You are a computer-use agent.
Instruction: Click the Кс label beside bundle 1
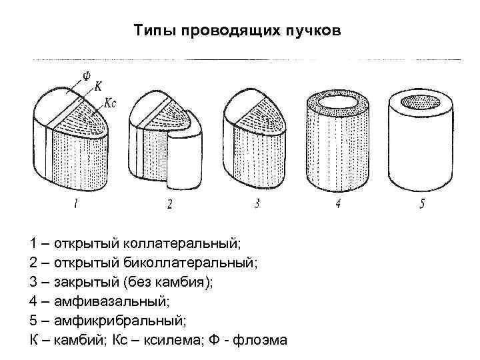click(x=112, y=103)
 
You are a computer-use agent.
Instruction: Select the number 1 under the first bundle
click(x=77, y=205)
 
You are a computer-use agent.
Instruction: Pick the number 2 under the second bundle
click(x=169, y=205)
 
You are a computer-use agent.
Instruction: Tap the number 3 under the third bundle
click(x=257, y=205)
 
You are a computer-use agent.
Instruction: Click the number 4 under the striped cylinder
click(x=339, y=205)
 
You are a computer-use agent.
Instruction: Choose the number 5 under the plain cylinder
click(x=422, y=205)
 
